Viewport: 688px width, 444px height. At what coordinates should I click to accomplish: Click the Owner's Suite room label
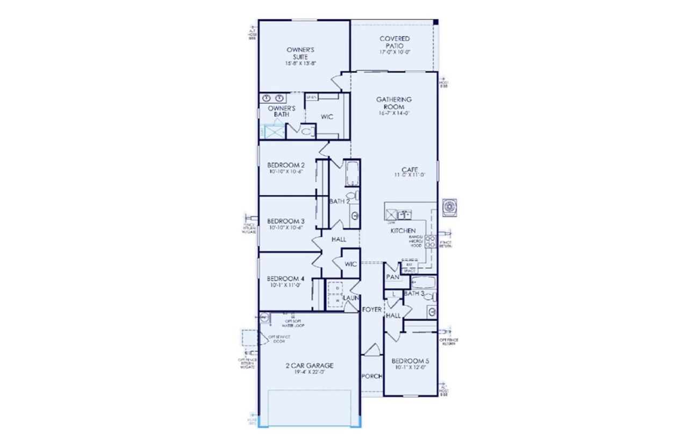coord(300,53)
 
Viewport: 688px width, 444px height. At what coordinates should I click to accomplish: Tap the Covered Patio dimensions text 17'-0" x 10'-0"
coord(395,52)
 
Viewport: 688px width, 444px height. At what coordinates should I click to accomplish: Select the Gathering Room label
coord(394,103)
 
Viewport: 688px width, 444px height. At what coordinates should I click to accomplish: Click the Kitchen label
coord(403,231)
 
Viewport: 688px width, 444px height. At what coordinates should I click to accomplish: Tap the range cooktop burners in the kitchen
coord(430,241)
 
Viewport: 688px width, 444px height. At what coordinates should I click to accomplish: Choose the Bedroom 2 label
coord(286,165)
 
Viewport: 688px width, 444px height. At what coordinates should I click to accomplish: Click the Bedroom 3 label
coord(286,221)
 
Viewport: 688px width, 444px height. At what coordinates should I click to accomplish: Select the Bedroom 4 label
coord(286,279)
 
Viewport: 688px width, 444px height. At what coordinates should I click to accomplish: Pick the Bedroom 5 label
coord(410,361)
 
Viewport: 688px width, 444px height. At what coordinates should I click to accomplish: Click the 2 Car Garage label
coord(309,366)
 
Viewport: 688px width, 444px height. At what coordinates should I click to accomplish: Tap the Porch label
coord(371,376)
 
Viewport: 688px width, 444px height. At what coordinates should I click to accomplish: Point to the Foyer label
coord(371,310)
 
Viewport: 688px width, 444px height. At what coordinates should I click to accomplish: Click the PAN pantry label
coord(391,278)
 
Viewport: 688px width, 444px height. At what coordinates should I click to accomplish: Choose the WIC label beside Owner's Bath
coord(327,116)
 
